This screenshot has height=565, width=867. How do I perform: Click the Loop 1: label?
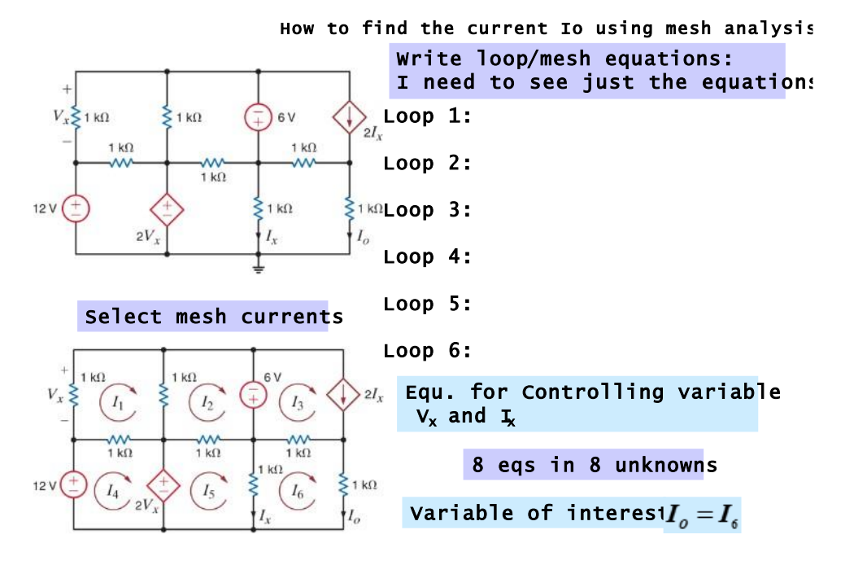[428, 116]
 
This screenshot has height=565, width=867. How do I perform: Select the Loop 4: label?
[428, 257]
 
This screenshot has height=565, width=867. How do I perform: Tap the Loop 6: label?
[428, 352]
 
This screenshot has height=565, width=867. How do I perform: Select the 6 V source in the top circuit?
[258, 118]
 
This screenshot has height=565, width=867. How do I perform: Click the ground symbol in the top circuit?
[258, 269]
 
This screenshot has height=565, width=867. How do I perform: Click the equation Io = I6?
[703, 515]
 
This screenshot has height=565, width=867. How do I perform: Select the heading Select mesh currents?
[213, 317]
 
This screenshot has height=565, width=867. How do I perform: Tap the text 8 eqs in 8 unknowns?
[595, 466]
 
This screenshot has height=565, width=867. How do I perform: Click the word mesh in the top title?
[691, 28]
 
